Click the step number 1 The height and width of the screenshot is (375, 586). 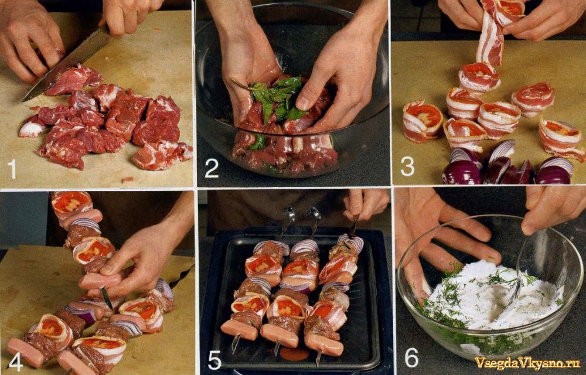click(x=12, y=169)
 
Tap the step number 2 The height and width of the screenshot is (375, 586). click(x=212, y=168)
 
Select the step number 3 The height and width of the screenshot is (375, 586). click(x=407, y=166)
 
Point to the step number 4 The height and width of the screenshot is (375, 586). click(x=15, y=362)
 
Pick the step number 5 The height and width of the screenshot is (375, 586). click(x=214, y=360)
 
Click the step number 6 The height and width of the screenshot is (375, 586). click(x=411, y=357)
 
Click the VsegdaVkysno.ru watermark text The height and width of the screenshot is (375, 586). click(x=527, y=363)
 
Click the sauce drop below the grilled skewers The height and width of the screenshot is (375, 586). click(x=294, y=354)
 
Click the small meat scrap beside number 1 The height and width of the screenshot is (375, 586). click(x=127, y=180)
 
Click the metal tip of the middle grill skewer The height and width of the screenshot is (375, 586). click(x=277, y=350)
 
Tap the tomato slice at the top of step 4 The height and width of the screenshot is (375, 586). click(x=71, y=202)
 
